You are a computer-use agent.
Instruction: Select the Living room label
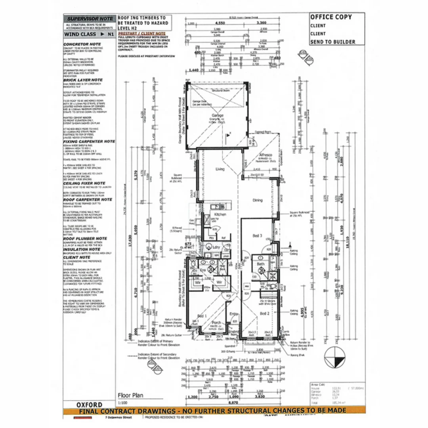[x=220, y=169]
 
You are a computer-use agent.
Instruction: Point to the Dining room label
[x=258, y=201]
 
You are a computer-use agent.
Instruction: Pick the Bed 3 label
[x=258, y=236]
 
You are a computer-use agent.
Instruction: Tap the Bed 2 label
[x=265, y=313]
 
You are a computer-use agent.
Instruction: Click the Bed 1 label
[x=202, y=316]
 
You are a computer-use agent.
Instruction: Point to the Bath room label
[x=260, y=264]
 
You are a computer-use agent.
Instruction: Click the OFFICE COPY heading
[x=331, y=17]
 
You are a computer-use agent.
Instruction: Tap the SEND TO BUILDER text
[x=332, y=42]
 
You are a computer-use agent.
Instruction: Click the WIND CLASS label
[x=80, y=34]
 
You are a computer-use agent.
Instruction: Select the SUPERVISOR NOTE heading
[x=89, y=19]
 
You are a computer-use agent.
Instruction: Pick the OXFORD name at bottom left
[x=89, y=405]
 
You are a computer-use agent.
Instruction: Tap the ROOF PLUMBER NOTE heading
[x=85, y=239]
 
